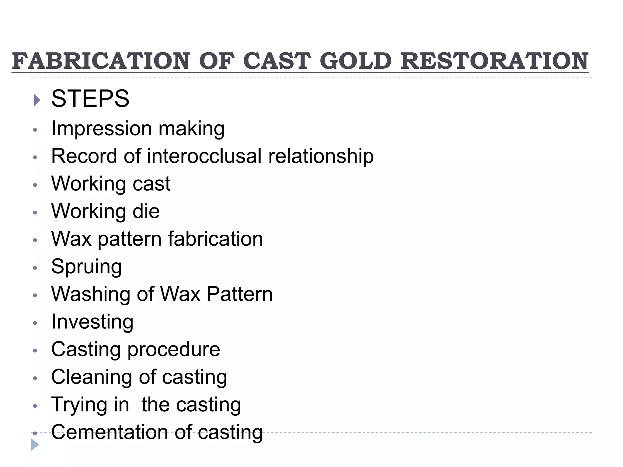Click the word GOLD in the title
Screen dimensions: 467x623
point(356,61)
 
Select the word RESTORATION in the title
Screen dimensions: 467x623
point(495,61)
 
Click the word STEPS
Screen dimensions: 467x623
point(90,99)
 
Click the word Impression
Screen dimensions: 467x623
point(101,129)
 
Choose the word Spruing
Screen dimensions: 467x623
point(86,267)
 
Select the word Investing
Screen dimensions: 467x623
point(92,322)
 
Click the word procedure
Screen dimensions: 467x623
point(174,350)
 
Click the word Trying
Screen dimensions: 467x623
point(79,405)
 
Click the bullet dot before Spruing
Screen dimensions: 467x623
point(35,268)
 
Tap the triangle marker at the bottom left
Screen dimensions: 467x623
point(35,445)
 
